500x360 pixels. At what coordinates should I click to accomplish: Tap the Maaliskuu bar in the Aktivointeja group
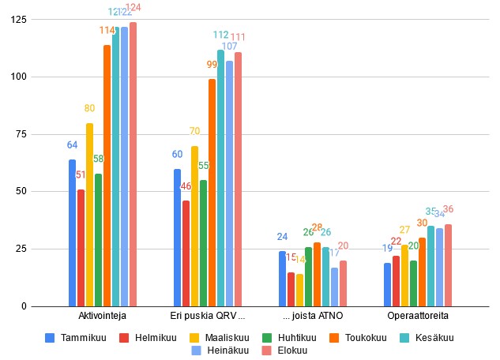click(89, 215)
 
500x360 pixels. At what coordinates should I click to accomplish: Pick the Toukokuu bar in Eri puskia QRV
click(212, 193)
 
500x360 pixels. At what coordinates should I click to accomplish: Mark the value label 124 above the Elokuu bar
click(134, 8)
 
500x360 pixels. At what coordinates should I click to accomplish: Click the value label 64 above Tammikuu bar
click(72, 145)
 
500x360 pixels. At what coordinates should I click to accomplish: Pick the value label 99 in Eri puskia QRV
click(212, 65)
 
